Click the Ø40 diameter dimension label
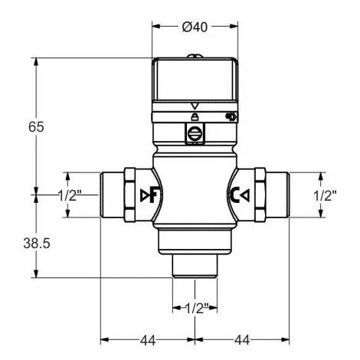tap(195, 27)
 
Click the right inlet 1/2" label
tap(325, 195)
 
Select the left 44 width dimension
tap(148, 339)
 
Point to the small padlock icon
tap(195, 116)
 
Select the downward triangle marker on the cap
tap(195, 105)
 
